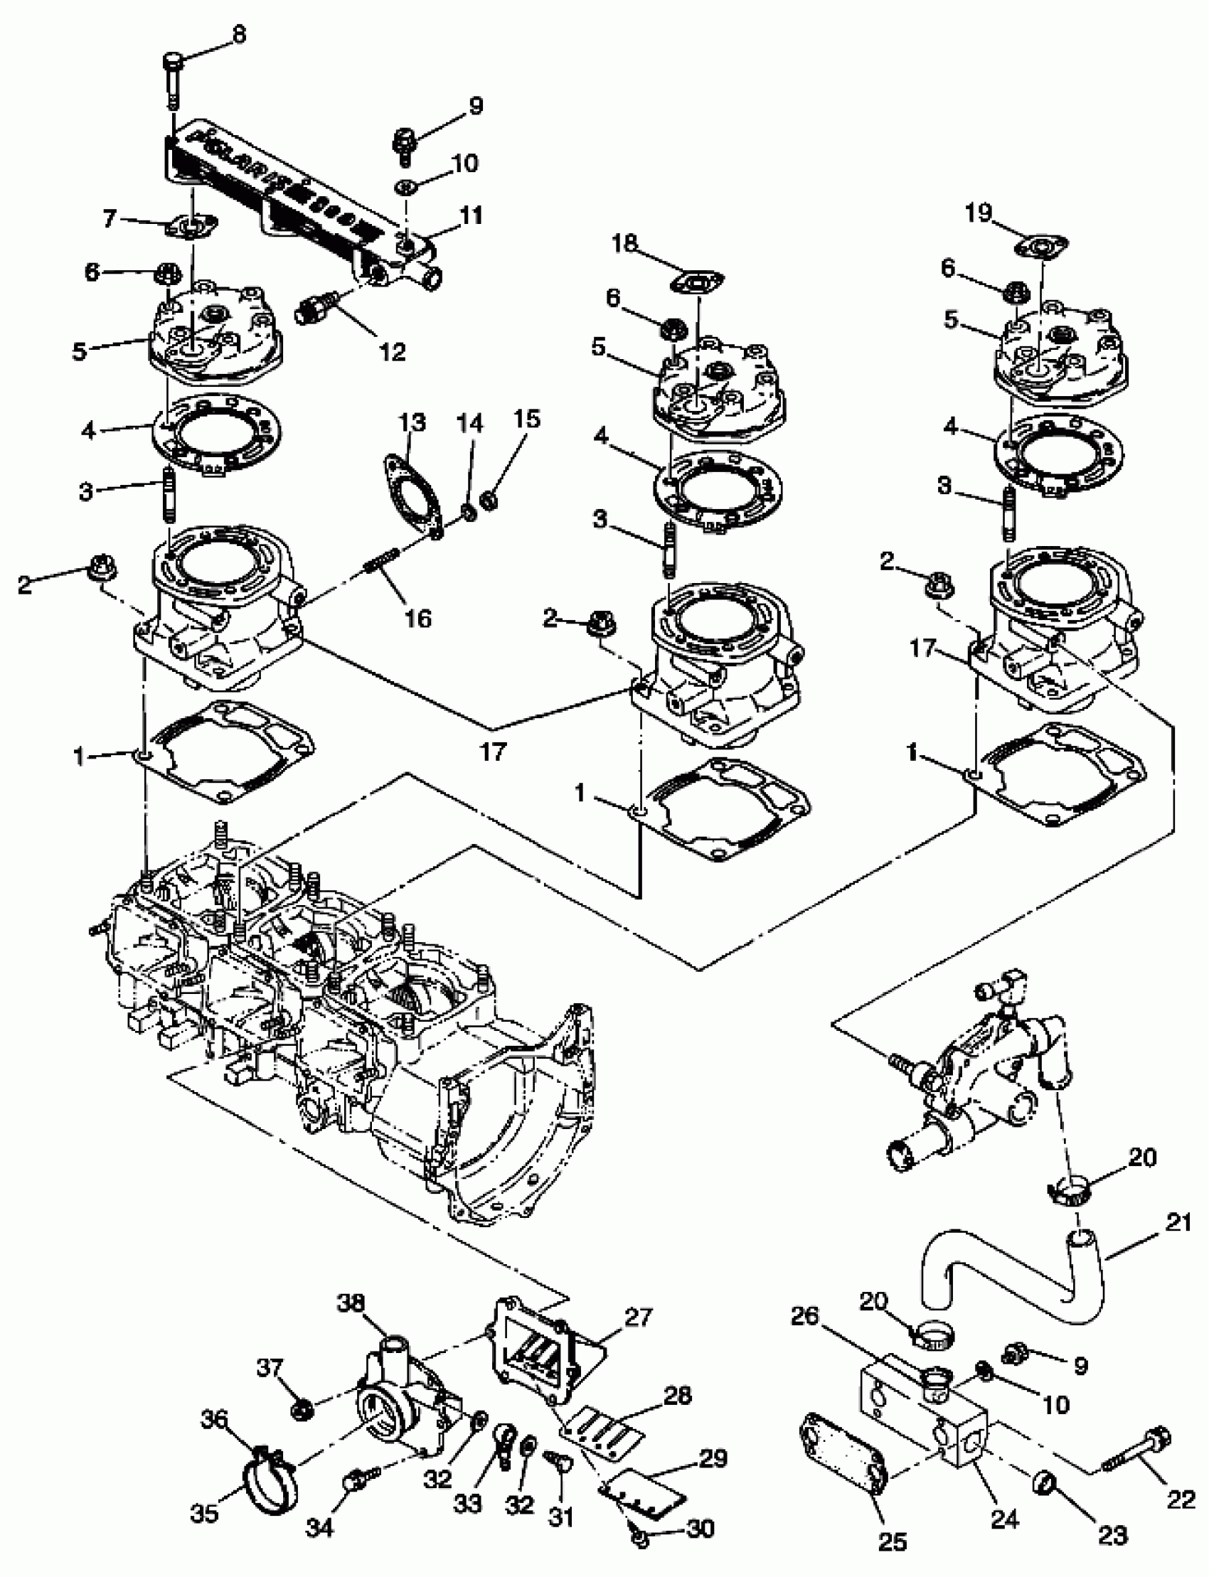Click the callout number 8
(238, 35)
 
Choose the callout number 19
(979, 213)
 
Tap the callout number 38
(351, 1303)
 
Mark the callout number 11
(472, 215)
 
